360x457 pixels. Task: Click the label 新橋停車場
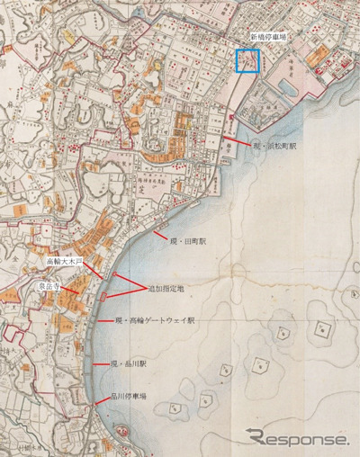(271, 39)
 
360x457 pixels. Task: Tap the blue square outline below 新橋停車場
(247, 60)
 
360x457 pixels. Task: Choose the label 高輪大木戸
(65, 262)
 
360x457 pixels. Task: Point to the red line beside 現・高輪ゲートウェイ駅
(104, 321)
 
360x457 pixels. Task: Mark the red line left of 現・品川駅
(100, 363)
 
